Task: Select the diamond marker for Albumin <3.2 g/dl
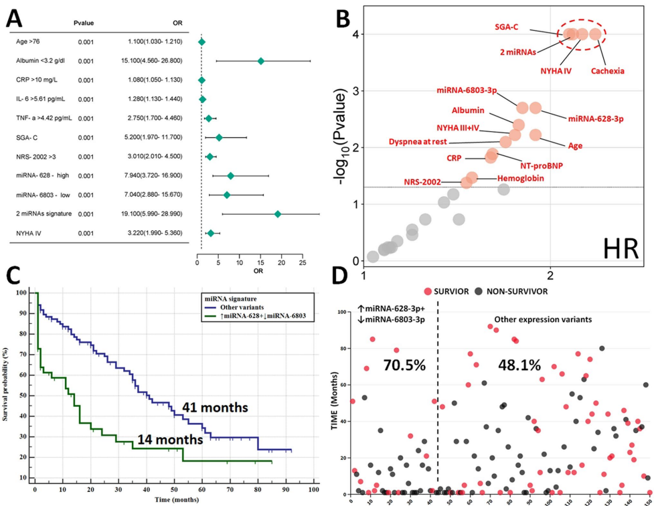point(261,61)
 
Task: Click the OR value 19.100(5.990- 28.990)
point(159,214)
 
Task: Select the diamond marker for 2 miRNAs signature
point(278,214)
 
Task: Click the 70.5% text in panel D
point(402,365)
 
